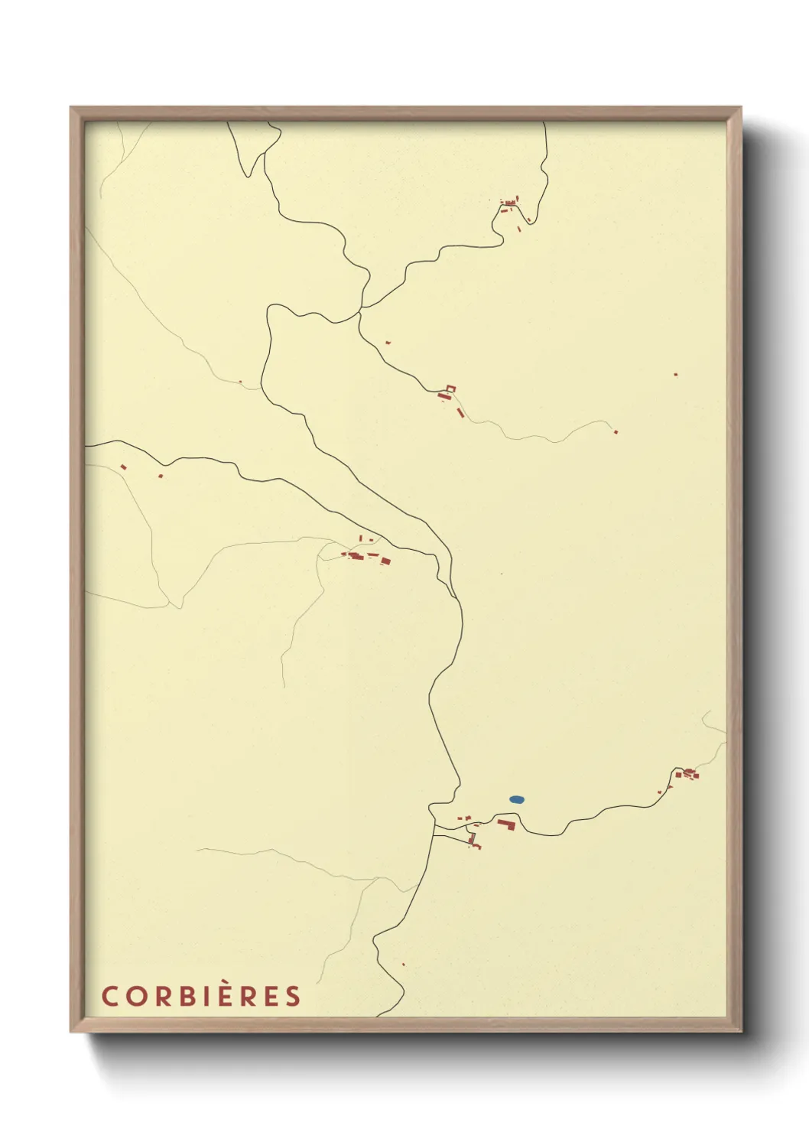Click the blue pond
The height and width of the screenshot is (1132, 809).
517,800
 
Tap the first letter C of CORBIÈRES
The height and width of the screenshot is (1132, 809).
110,996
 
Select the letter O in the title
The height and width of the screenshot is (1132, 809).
135,996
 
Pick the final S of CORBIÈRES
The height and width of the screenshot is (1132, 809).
293,996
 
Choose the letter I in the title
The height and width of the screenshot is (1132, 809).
206,996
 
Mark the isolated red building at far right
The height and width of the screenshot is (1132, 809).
675,375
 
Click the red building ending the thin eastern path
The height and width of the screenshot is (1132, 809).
616,432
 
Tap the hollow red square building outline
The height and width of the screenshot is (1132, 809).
450,389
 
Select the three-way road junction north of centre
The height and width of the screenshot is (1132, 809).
361,309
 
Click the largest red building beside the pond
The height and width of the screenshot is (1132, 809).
505,824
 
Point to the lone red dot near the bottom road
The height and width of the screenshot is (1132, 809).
403,964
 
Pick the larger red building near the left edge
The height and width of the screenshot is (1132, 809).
123,467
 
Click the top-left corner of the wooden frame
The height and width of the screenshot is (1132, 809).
71,108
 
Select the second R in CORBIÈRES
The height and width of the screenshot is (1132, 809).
249,996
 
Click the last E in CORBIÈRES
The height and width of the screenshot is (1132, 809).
271,996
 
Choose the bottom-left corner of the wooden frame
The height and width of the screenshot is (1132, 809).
71,1031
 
